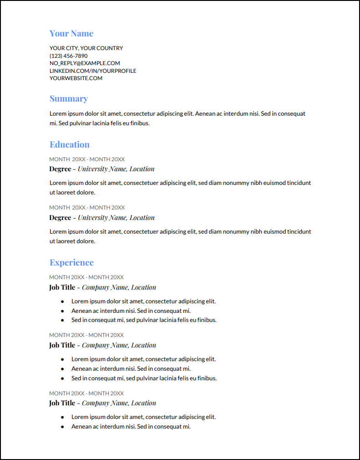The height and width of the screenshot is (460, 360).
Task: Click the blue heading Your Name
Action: coord(71,34)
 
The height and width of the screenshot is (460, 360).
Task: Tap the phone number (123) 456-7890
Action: coord(69,56)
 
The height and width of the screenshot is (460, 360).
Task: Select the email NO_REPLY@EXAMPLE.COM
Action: coord(85,63)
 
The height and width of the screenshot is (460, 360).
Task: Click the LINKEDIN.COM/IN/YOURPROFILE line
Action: coord(93,71)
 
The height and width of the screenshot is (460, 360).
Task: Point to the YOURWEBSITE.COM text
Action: coord(76,78)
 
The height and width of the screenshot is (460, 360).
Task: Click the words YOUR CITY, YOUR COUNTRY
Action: coord(86,48)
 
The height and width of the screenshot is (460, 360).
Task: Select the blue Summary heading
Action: coord(69,99)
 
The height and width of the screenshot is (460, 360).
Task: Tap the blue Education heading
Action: coord(70,145)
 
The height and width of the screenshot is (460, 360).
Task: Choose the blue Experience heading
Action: coord(71,263)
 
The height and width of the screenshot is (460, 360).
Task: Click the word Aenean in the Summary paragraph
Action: coord(205,114)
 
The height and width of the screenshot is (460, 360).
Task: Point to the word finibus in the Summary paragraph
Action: coord(138,123)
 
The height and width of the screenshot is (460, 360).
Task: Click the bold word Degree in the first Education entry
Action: coord(60,169)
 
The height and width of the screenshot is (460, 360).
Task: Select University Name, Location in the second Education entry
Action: coord(116,218)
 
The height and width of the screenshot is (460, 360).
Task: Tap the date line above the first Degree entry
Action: coord(87,159)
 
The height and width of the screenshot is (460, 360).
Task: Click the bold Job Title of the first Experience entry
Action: coord(62,287)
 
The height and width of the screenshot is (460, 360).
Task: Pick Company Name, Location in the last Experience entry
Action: coord(119,403)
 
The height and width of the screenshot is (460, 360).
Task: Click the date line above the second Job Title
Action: coord(86,335)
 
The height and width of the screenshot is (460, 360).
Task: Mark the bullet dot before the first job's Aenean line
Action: coord(62,311)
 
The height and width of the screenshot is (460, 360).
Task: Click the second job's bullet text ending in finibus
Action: coord(144,378)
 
